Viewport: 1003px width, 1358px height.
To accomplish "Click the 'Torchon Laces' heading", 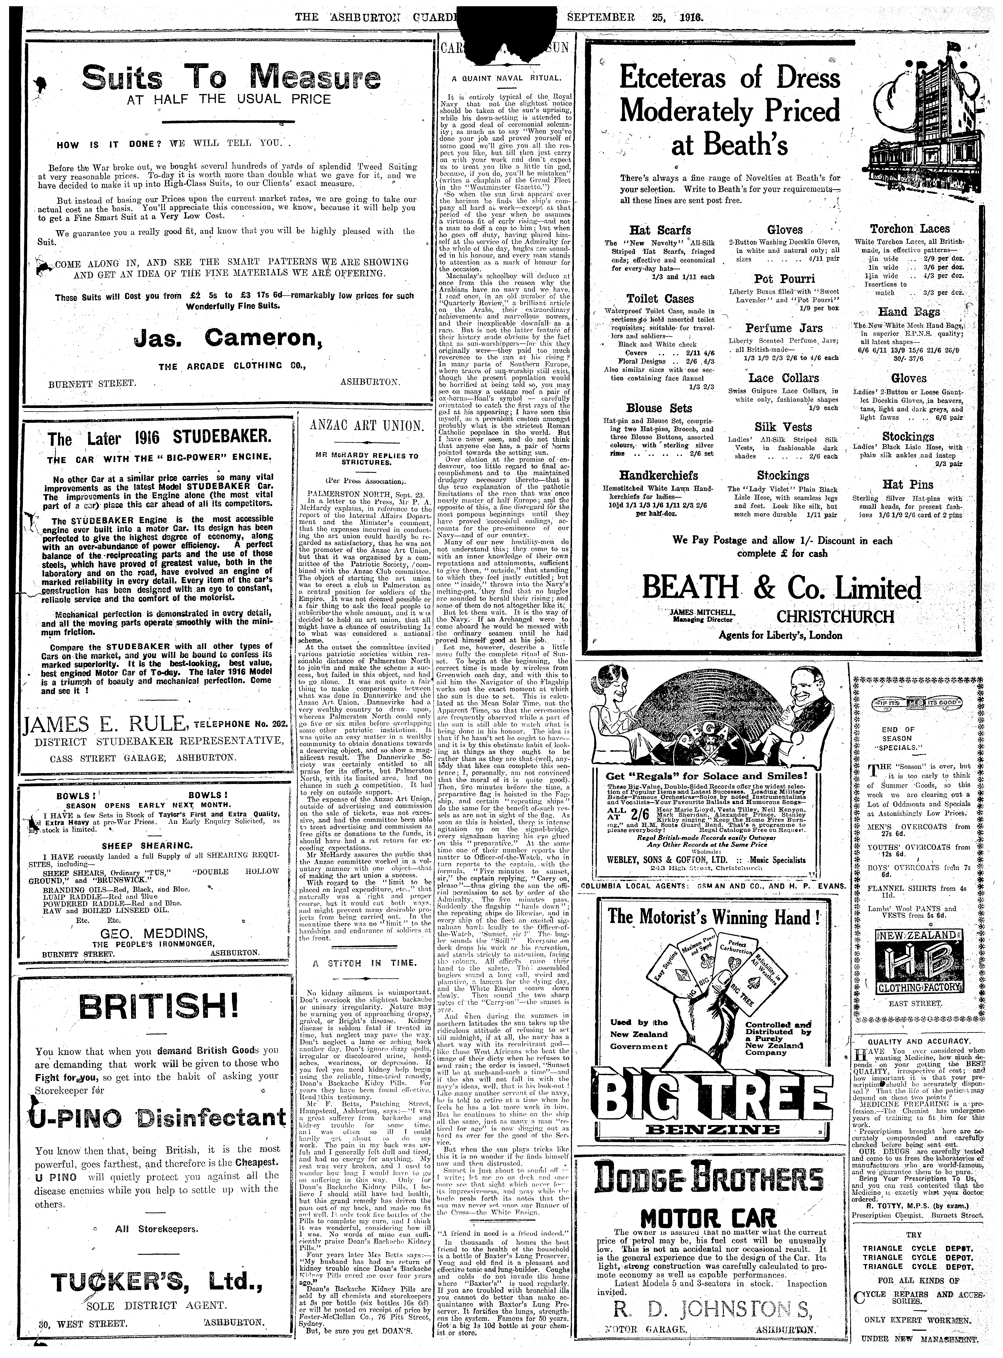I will click(909, 229).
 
